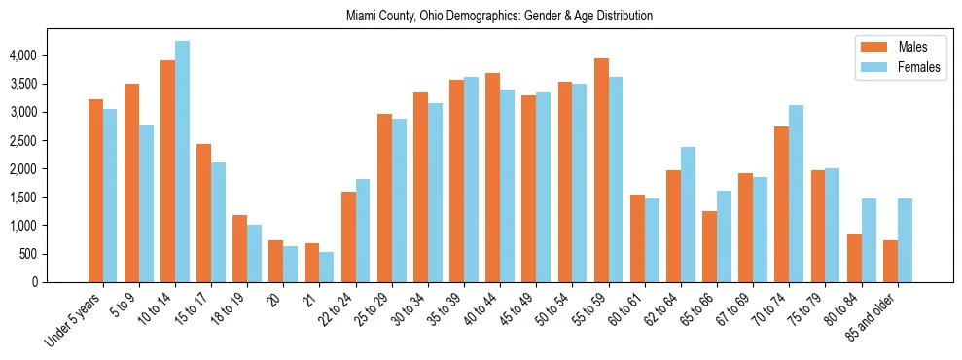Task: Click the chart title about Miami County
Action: pyautogui.click(x=500, y=16)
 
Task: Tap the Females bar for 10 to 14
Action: pyautogui.click(x=182, y=162)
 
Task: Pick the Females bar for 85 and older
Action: pyautogui.click(x=905, y=240)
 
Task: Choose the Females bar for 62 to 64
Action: pyautogui.click(x=688, y=214)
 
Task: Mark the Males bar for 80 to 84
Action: pyautogui.click(x=854, y=258)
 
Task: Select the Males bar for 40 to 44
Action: pyautogui.click(x=493, y=177)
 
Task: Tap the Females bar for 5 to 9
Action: pyautogui.click(x=146, y=203)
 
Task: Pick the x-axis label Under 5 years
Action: pyautogui.click(x=74, y=318)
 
